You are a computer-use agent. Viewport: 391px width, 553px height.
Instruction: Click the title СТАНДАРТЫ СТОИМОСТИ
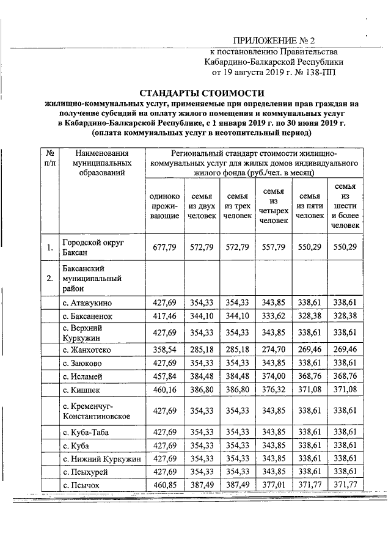click(x=202, y=93)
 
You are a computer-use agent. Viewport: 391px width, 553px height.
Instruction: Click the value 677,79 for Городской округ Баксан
click(x=164, y=247)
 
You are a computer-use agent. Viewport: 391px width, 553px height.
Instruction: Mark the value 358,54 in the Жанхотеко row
click(x=164, y=350)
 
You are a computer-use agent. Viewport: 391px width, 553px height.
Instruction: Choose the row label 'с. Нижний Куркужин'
click(x=102, y=459)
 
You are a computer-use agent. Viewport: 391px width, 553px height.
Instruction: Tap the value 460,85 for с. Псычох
click(x=164, y=485)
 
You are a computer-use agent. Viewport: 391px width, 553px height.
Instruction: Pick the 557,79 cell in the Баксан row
click(x=273, y=247)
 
